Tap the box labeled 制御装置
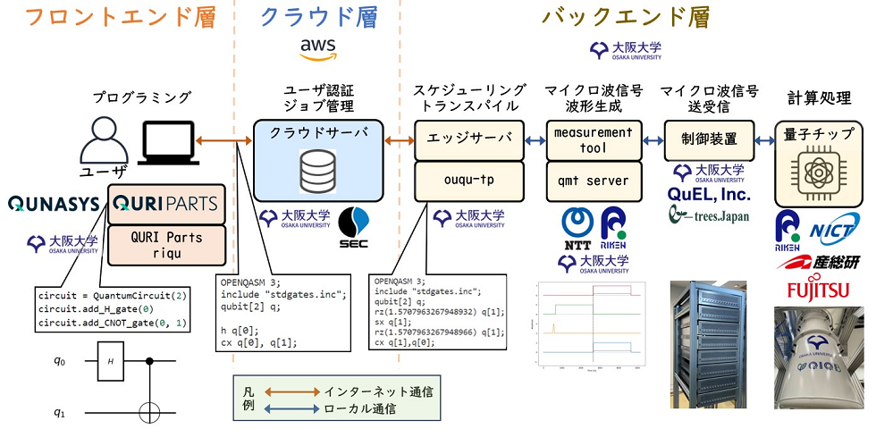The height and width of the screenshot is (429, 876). pyautogui.click(x=710, y=139)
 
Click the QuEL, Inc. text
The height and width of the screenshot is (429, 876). pyautogui.click(x=710, y=194)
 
